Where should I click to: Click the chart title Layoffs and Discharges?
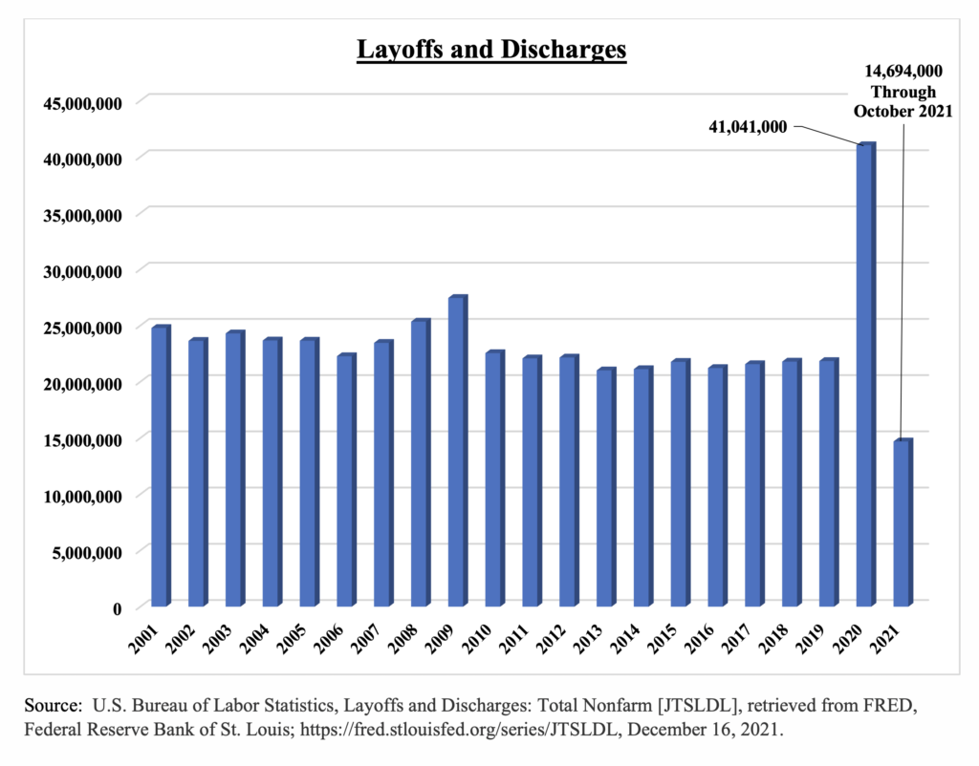coord(491,50)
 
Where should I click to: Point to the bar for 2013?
coord(605,487)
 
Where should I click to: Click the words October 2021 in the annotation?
coord(903,111)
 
